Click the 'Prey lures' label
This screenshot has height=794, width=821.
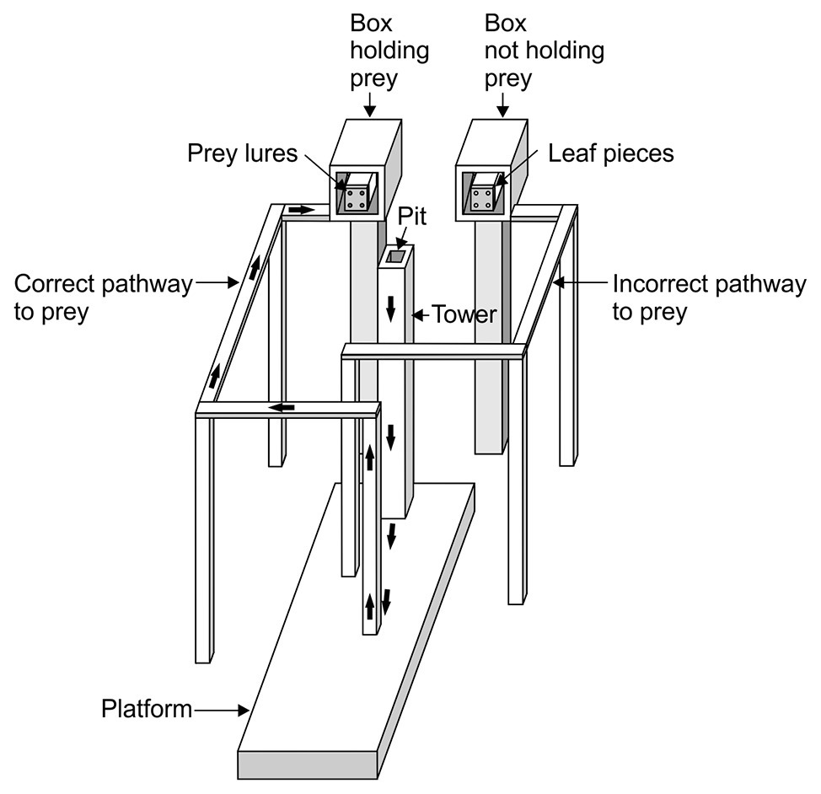[x=242, y=153]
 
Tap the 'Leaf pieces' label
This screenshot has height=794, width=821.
[x=610, y=153]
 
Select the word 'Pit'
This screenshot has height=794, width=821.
[x=413, y=217]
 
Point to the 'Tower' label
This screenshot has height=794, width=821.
[x=464, y=314]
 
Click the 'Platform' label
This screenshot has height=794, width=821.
[x=147, y=709]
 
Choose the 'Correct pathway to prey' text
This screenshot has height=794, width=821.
[x=103, y=298]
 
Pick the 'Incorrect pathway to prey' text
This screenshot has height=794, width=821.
[x=708, y=298]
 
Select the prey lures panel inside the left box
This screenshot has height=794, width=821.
[x=355, y=199]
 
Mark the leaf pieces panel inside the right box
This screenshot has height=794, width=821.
[x=482, y=199]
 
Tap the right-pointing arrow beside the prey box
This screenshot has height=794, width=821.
[x=299, y=209]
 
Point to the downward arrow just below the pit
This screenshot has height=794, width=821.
[x=390, y=308]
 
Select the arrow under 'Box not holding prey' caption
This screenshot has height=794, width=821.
[x=502, y=105]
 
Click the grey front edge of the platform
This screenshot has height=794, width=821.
[x=309, y=764]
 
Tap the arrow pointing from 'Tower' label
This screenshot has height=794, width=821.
[x=421, y=315]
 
